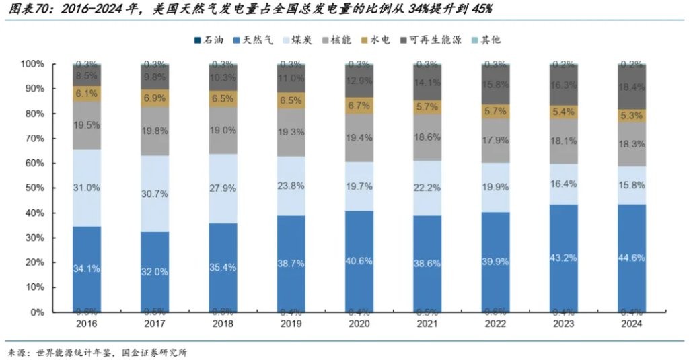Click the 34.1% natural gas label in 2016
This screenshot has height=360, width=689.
pos(87,268)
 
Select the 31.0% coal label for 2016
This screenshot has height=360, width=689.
pos(87,188)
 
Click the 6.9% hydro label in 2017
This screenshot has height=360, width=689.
pos(155,98)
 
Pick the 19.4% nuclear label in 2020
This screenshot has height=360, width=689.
pos(359,137)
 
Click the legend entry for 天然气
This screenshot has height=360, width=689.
pos(254,40)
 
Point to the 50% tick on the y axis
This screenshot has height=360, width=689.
pos(33,188)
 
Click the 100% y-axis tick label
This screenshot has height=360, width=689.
pos(31,64)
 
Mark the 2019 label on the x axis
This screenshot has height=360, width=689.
pos(291,324)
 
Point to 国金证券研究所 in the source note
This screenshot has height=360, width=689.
pos(154,352)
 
